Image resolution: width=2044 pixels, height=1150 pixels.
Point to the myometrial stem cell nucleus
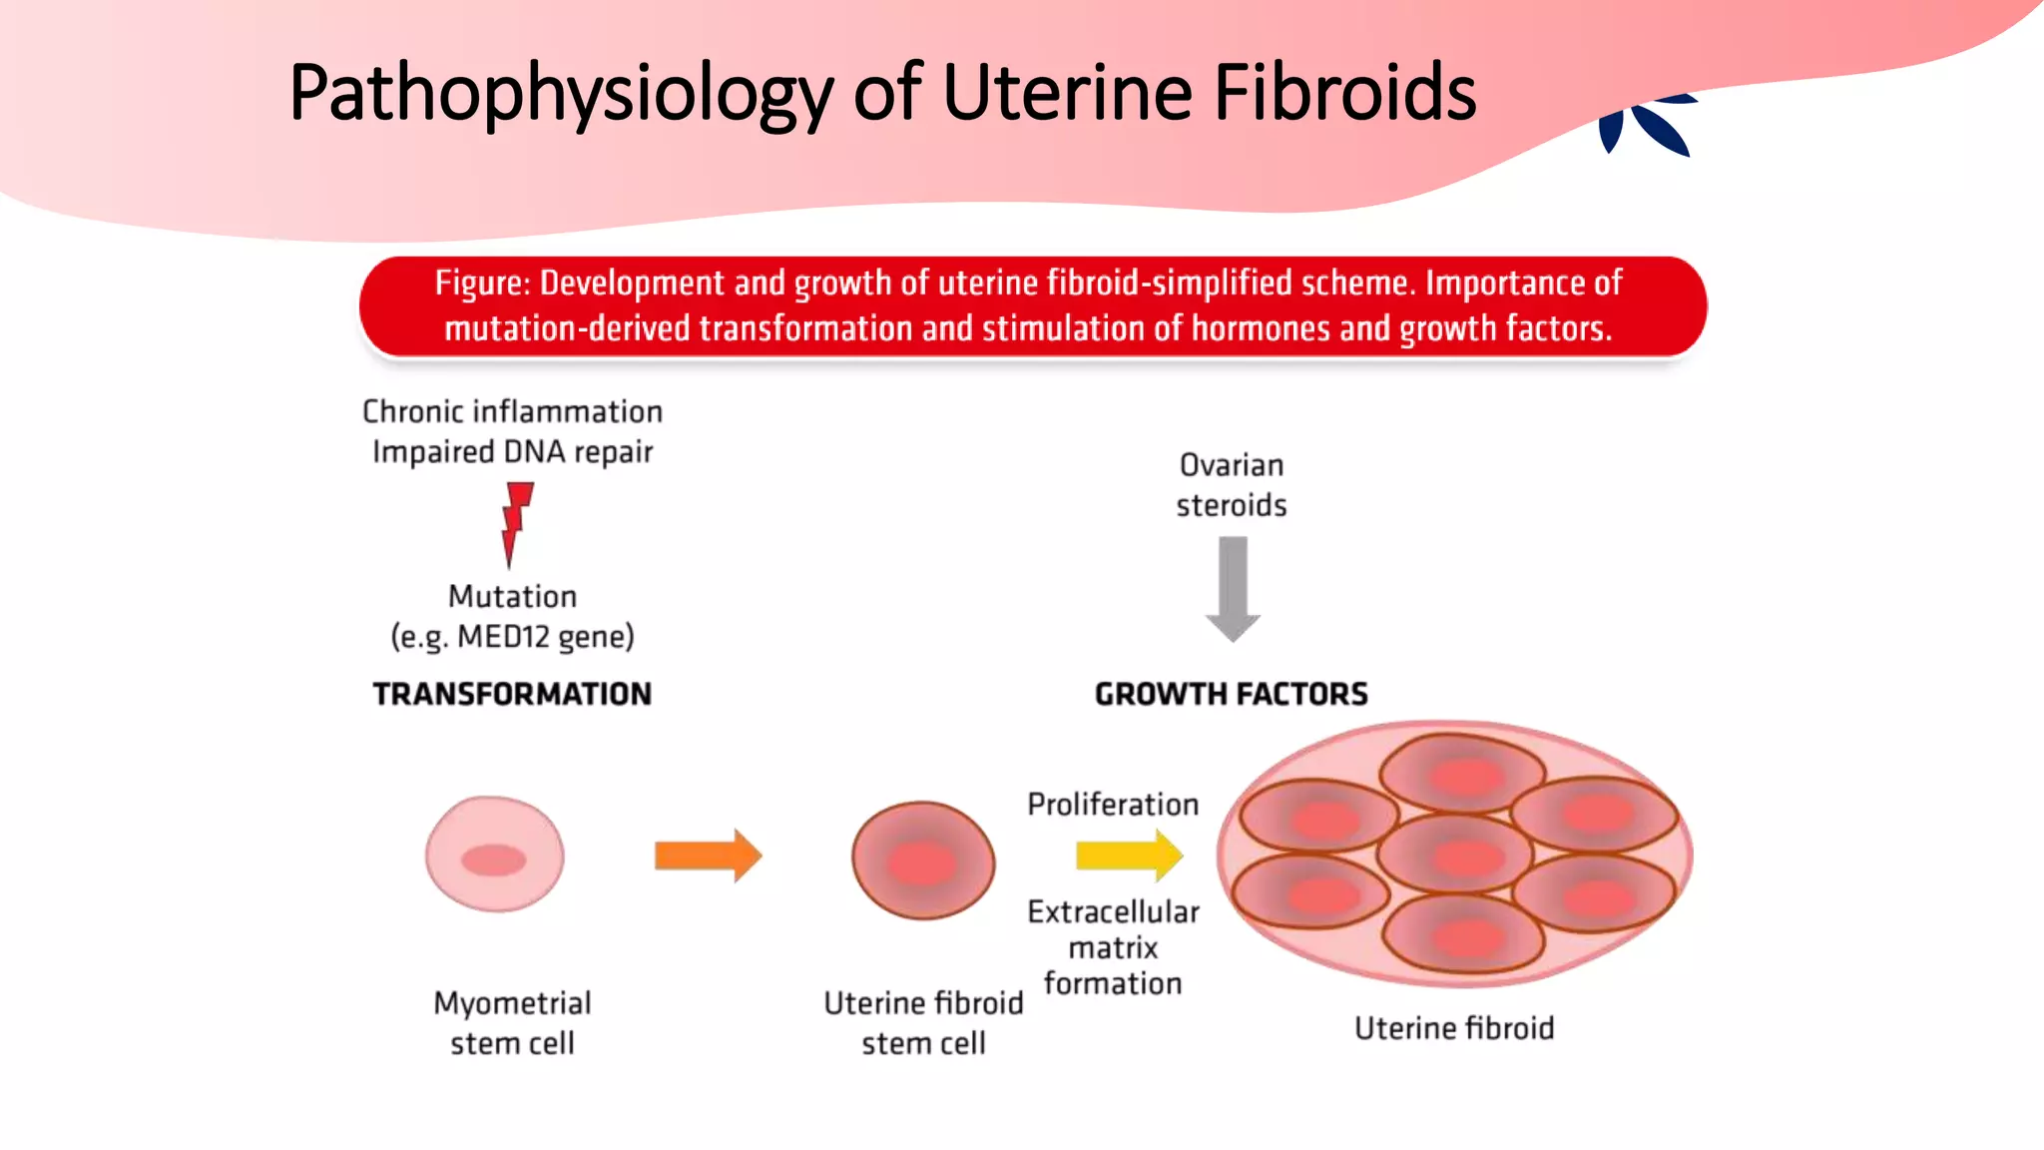pyautogui.click(x=493, y=860)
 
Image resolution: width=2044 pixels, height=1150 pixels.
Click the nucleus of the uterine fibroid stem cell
pyautogui.click(x=921, y=863)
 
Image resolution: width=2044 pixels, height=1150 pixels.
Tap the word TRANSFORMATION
pyautogui.click(x=512, y=694)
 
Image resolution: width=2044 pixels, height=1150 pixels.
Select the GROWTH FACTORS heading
pyautogui.click(x=1231, y=694)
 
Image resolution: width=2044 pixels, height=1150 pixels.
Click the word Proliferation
pyautogui.click(x=1113, y=805)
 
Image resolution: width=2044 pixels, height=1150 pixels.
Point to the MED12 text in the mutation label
pyautogui.click(x=503, y=637)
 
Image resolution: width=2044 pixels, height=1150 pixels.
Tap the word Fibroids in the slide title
pyautogui.click(x=1344, y=93)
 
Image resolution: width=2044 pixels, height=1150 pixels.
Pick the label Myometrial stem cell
pyautogui.click(x=512, y=1022)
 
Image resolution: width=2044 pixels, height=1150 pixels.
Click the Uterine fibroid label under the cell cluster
pyautogui.click(x=1453, y=1028)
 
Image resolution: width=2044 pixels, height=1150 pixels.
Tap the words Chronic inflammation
pyautogui.click(x=512, y=411)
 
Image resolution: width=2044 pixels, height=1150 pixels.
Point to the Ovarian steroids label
pyautogui.click(x=1232, y=485)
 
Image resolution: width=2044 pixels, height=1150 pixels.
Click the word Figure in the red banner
pyautogui.click(x=481, y=284)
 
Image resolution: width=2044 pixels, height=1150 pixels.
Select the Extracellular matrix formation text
pyautogui.click(x=1113, y=947)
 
